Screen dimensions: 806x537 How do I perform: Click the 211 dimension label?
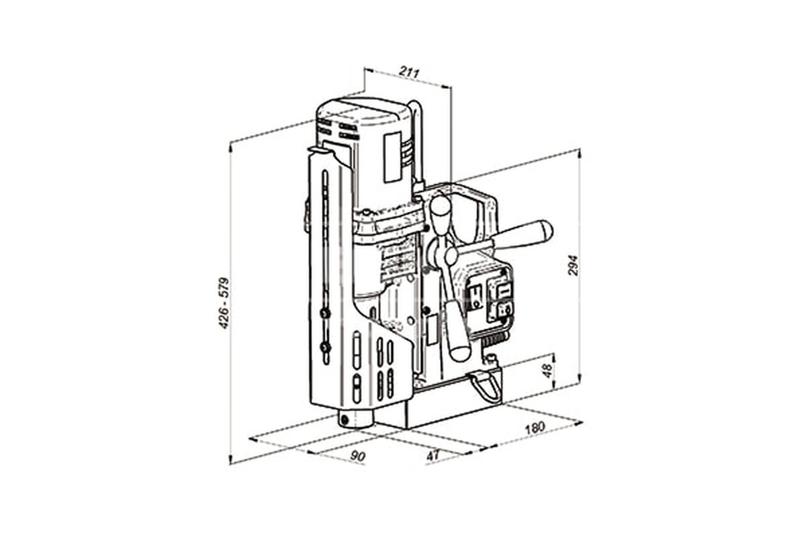click(409, 72)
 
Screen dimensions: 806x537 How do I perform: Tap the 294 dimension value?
click(572, 265)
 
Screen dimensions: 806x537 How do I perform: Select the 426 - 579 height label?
click(224, 303)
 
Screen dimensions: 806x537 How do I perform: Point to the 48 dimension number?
click(547, 371)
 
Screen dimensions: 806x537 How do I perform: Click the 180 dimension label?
click(535, 428)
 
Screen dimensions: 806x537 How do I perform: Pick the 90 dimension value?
click(357, 456)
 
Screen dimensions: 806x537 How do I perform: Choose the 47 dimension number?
click(433, 455)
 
